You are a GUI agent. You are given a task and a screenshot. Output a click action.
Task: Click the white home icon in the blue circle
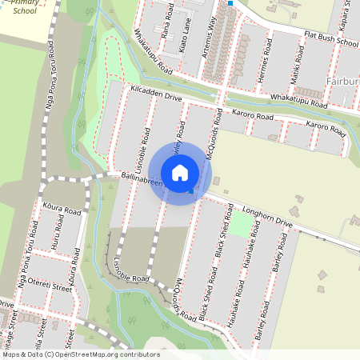click(180, 173)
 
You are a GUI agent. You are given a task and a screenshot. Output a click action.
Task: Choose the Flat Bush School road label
click(331, 39)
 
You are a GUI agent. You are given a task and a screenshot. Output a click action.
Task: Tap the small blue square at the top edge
click(230, 3)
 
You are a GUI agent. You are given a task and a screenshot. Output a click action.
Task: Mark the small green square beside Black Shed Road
click(240, 222)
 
